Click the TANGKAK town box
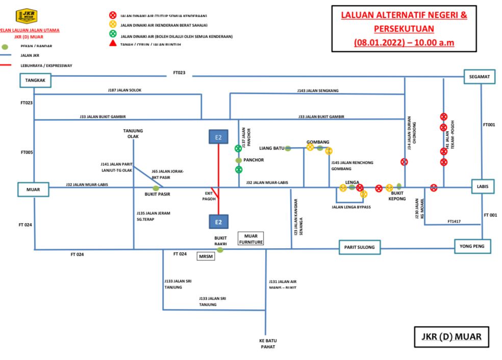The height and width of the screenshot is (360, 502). [x=36, y=80]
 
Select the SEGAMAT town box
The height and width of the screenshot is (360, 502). [x=480, y=77]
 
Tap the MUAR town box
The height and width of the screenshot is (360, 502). [x=33, y=189]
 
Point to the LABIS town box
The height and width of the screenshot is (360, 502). [x=483, y=186]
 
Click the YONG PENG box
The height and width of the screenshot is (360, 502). [x=472, y=247]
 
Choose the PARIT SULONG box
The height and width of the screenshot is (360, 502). [x=362, y=247]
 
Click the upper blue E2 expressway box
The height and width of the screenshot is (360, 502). [x=218, y=137]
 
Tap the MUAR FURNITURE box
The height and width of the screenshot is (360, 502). [x=251, y=238]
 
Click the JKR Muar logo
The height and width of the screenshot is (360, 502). [x=26, y=16]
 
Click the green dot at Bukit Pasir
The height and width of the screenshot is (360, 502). [x=156, y=188]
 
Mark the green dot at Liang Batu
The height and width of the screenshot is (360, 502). [x=288, y=149]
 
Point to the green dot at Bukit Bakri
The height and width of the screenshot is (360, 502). [x=220, y=250]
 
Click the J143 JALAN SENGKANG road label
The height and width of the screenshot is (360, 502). [x=318, y=90]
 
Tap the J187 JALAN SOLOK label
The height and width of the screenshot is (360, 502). [x=124, y=90]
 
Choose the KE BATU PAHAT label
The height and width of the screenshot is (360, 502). [x=267, y=343]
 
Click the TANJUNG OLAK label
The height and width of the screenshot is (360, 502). [x=133, y=133]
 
